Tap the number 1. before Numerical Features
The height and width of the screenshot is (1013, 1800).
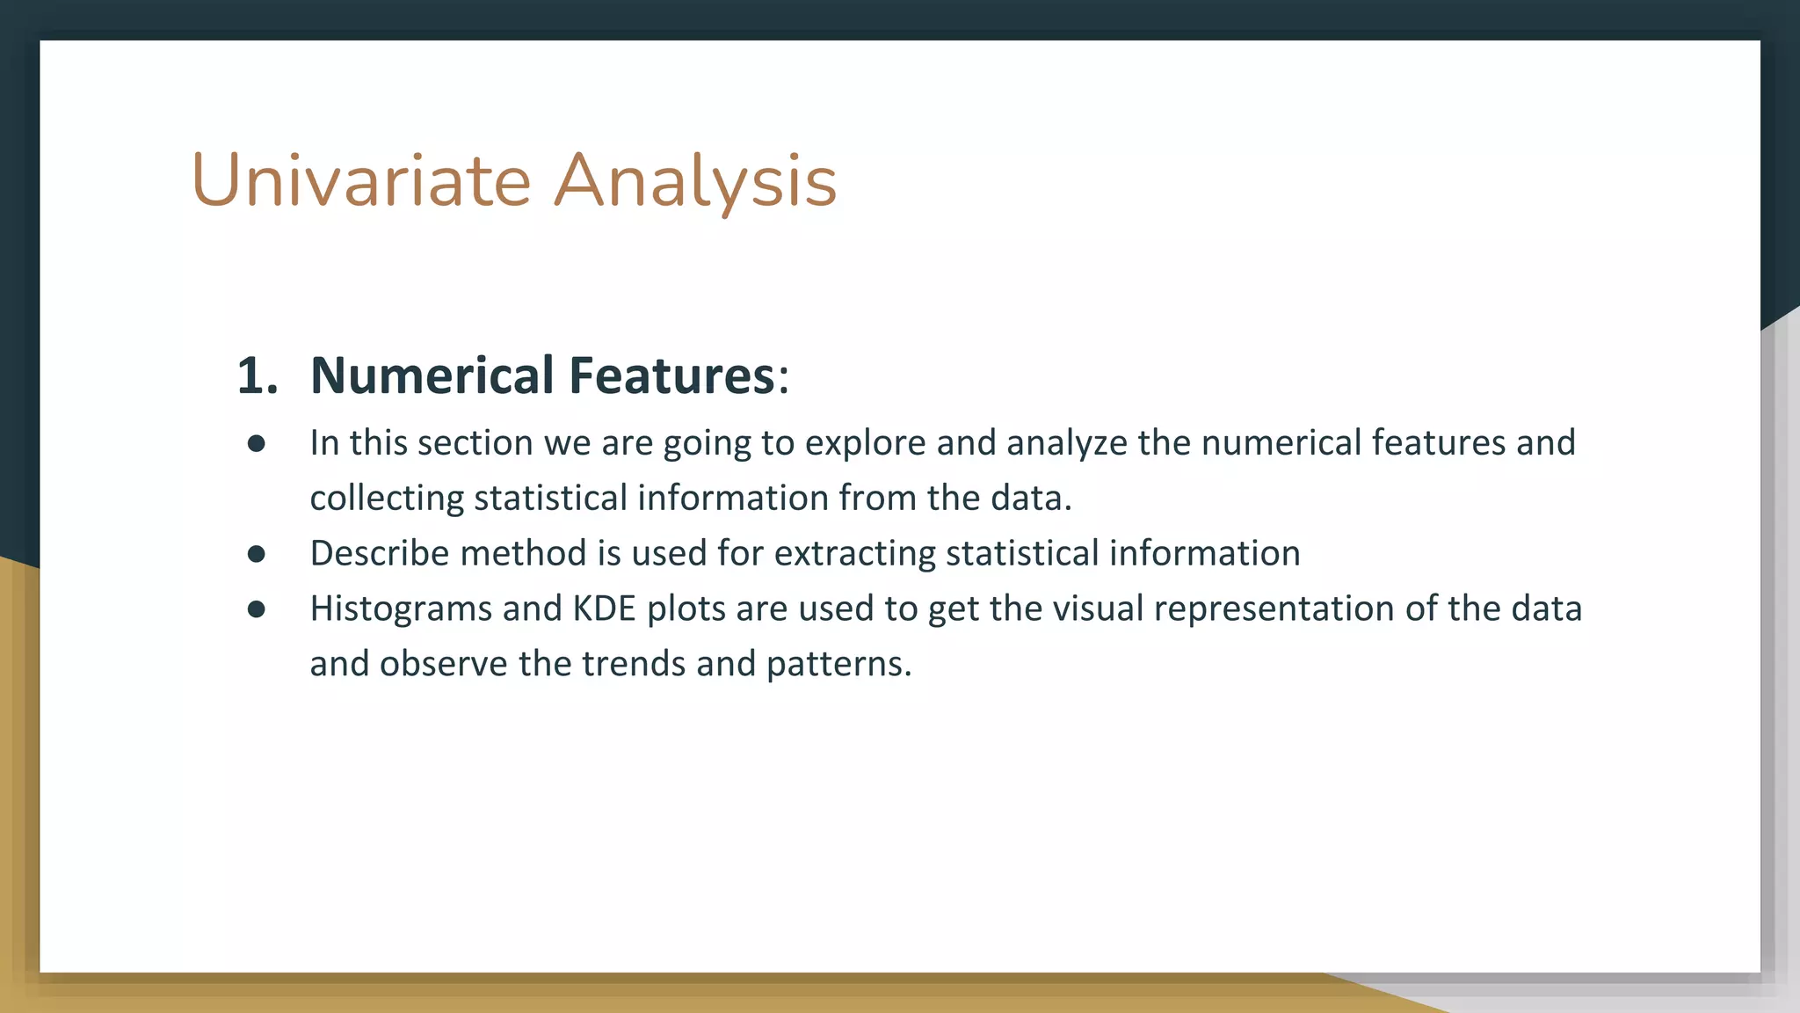(x=257, y=375)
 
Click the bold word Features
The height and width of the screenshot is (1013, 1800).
(x=671, y=375)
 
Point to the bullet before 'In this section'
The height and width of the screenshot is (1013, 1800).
(x=257, y=444)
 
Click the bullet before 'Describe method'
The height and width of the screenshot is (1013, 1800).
(x=257, y=554)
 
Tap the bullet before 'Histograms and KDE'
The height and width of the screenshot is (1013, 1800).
(x=257, y=609)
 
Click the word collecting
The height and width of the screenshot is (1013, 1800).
(x=387, y=499)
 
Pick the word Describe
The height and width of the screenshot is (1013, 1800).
(x=380, y=554)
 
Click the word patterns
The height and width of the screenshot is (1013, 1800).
(x=838, y=664)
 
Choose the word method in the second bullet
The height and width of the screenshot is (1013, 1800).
(x=523, y=554)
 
